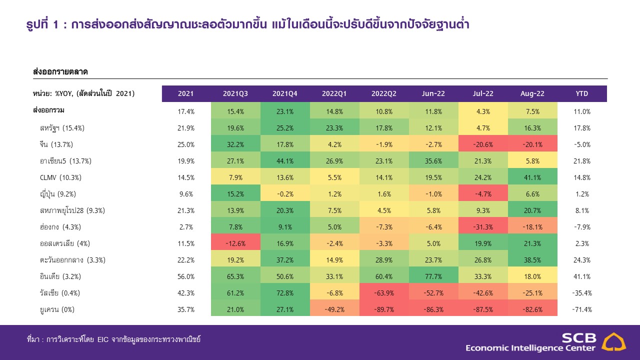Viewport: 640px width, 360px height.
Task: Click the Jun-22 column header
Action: click(x=433, y=94)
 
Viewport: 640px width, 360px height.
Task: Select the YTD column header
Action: click(x=581, y=94)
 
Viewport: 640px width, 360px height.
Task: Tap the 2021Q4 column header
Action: click(x=285, y=94)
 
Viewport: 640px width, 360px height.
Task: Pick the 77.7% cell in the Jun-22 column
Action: click(x=433, y=276)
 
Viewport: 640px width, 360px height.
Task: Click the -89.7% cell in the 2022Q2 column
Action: click(x=384, y=309)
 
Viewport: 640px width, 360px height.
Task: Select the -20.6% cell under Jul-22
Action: click(x=483, y=144)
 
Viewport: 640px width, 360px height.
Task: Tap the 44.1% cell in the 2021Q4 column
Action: click(x=285, y=161)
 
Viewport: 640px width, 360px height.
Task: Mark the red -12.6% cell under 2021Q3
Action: click(x=235, y=243)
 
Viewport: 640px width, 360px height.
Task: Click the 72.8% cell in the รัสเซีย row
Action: click(x=285, y=293)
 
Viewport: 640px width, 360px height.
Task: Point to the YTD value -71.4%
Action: click(x=581, y=309)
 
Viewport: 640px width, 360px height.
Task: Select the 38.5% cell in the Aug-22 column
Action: click(x=532, y=260)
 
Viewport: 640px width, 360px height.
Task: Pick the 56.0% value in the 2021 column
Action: click(x=186, y=276)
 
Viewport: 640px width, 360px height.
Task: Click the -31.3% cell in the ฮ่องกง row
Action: click(x=483, y=227)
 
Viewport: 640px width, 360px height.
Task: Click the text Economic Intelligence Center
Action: click(x=530, y=348)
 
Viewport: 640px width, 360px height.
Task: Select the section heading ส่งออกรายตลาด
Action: click(x=60, y=72)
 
